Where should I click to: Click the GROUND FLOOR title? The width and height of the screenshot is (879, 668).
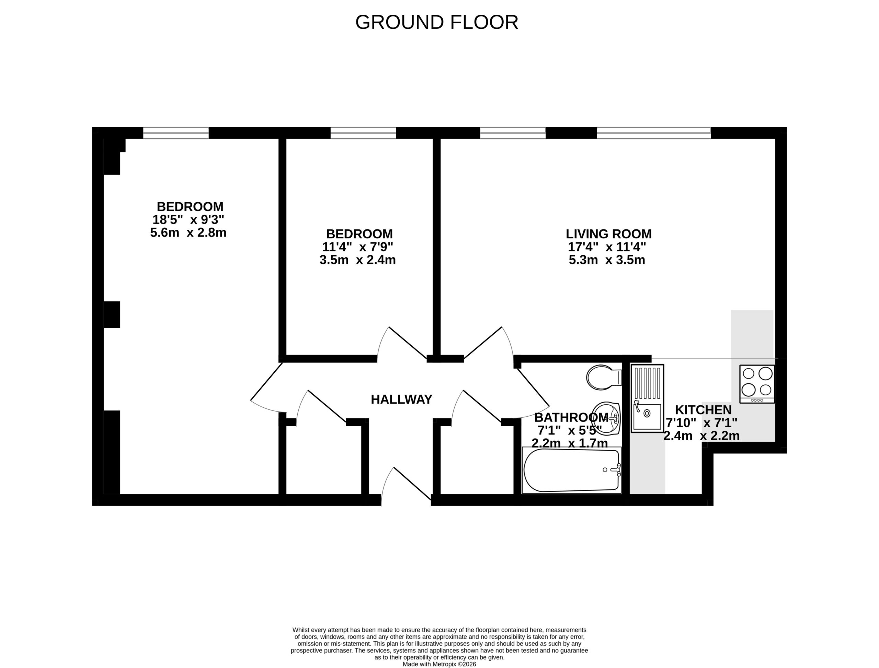pos(436,22)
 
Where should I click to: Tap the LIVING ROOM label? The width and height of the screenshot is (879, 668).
pos(609,234)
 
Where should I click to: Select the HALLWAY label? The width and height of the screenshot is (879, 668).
pos(401,399)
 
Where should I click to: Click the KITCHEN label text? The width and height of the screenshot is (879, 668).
pos(703,409)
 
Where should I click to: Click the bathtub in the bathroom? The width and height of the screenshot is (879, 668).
pos(572,470)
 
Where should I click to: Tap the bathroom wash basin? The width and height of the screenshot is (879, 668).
pos(606,418)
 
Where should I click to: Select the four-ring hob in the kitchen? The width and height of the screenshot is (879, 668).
pos(757,384)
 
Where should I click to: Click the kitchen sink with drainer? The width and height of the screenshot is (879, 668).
pos(647,398)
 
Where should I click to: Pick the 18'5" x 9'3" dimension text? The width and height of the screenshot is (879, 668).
pos(188,219)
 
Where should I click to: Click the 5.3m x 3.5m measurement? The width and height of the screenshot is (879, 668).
pos(607,260)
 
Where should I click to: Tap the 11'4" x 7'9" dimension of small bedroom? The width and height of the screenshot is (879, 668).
pos(357,247)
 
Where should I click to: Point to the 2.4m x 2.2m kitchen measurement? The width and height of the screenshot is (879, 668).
pos(701,436)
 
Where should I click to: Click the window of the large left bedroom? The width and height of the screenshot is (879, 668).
pos(176,133)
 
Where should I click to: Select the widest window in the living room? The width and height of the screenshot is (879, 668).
pos(654,133)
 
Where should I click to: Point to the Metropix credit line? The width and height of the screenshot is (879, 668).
pos(439,664)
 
